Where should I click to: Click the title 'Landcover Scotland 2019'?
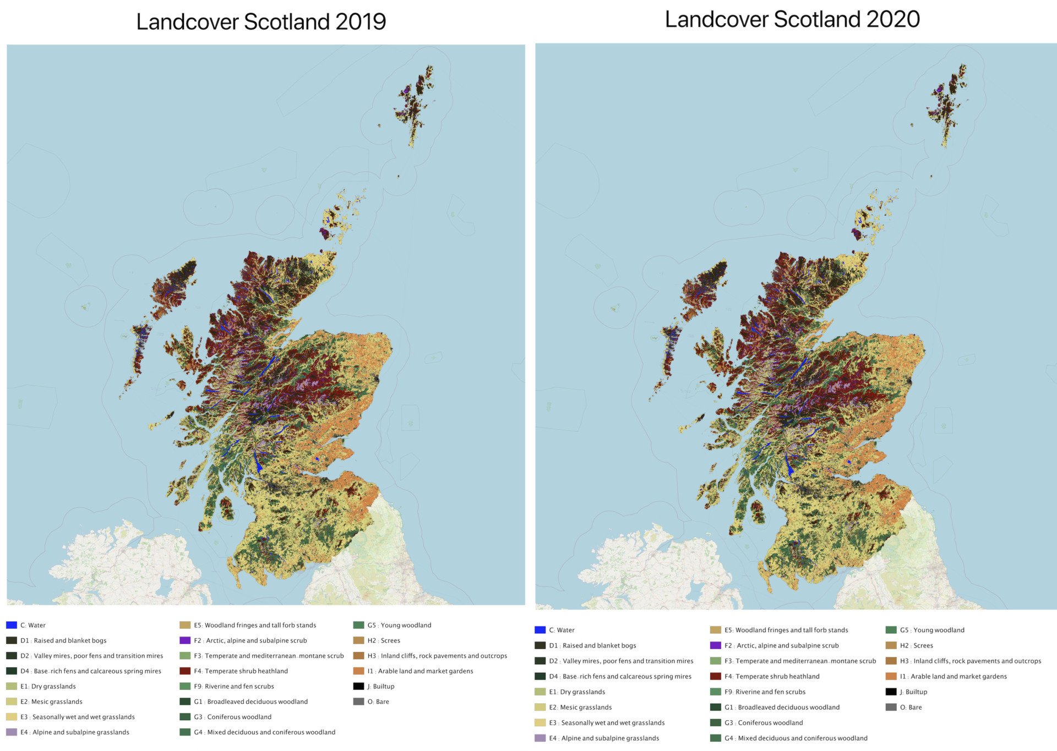[261, 22]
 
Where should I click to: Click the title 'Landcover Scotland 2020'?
[792, 19]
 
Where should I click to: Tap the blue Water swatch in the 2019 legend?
[12, 625]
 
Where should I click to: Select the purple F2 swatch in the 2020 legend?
[715, 645]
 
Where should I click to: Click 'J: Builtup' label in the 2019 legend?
[380, 686]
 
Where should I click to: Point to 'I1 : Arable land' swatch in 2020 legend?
[891, 676]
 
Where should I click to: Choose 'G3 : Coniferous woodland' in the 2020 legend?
[770, 722]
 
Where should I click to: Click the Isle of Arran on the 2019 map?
[226, 508]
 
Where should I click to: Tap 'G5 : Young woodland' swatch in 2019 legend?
[358, 625]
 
